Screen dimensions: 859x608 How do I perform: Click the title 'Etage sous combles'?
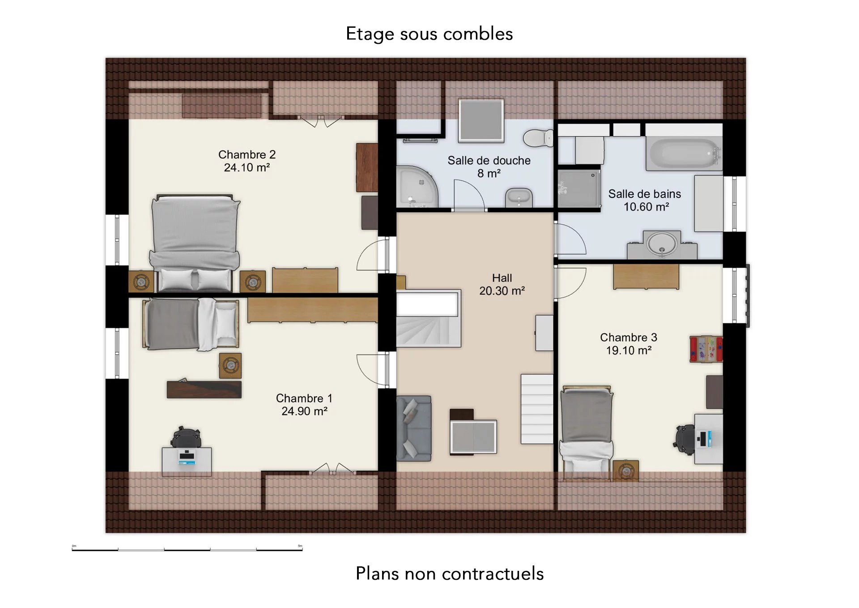[x=429, y=34]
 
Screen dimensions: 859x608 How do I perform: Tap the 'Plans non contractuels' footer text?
[x=450, y=574]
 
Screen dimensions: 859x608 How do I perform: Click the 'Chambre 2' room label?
[x=247, y=154]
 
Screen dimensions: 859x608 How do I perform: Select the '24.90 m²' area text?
[x=304, y=411]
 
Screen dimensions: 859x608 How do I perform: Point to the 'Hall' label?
[x=502, y=278]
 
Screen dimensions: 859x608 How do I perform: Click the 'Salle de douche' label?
[x=489, y=160]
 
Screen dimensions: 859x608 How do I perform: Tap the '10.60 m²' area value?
[x=646, y=207]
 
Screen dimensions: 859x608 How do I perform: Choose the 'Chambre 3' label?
[x=629, y=337]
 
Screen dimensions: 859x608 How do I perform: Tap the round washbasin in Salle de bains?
[x=662, y=244]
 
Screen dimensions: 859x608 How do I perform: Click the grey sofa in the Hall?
[x=414, y=428]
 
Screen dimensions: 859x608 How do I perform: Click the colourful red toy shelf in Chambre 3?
[x=706, y=349]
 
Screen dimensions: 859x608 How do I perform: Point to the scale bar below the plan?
[x=187, y=549]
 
